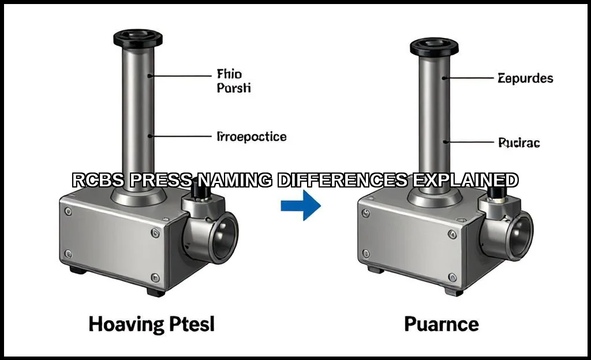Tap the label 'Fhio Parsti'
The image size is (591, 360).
click(234, 81)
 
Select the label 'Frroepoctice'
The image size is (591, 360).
click(251, 137)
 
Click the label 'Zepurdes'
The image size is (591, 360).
click(525, 78)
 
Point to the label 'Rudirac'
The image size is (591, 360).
click(519, 142)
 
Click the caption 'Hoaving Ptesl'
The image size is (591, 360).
click(151, 324)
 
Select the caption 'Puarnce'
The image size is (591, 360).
click(441, 324)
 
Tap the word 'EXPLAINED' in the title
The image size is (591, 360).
click(465, 181)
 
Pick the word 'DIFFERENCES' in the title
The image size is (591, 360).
click(342, 181)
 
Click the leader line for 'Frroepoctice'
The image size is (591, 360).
click(180, 136)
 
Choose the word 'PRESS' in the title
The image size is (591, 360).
click(160, 181)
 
